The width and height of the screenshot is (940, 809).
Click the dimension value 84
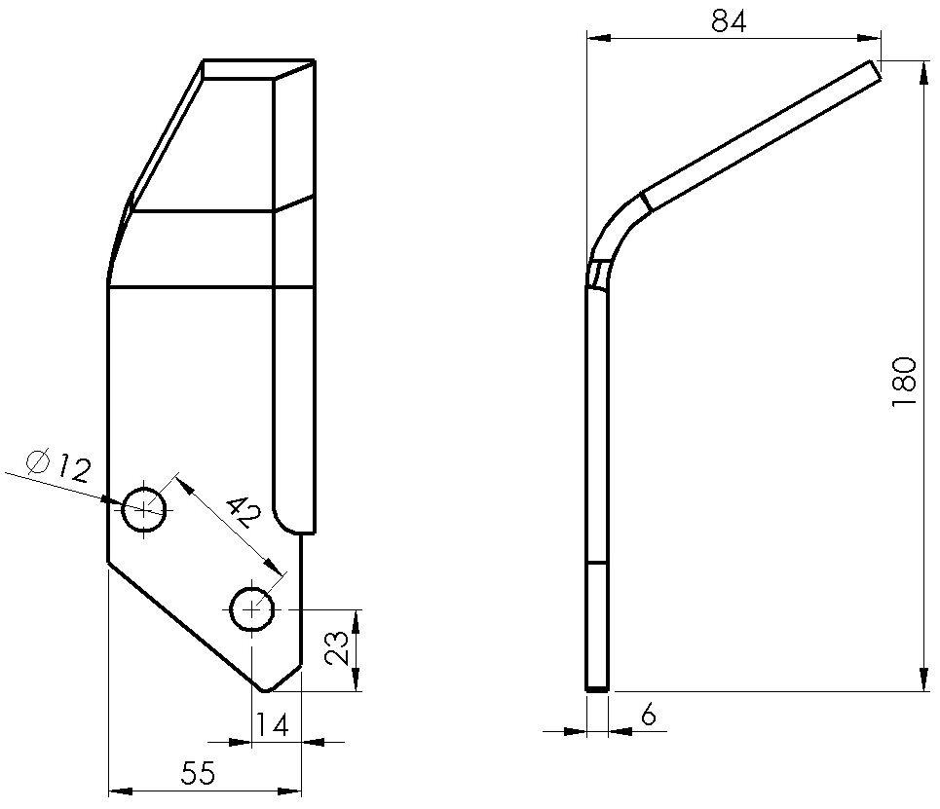click(728, 21)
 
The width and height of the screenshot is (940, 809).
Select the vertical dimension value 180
click(904, 382)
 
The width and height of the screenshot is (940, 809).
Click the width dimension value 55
click(198, 774)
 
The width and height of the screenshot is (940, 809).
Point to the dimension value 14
click(274, 724)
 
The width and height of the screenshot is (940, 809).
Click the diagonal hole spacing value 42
click(241, 512)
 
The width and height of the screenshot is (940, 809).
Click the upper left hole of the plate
click(145, 507)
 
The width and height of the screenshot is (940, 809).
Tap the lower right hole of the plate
click(253, 609)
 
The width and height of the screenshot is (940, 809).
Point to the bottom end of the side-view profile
click(597, 688)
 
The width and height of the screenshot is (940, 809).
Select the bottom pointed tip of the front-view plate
click(265, 688)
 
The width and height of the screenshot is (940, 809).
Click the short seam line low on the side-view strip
click(597, 564)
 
